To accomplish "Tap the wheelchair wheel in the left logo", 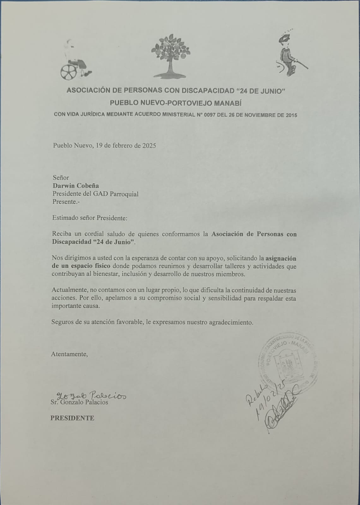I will pos(69,72).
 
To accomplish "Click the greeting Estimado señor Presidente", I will pos(90,218).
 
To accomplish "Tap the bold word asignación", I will pos(281,258).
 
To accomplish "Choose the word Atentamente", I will pos(69,354).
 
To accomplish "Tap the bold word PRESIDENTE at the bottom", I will pos(72,418).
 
